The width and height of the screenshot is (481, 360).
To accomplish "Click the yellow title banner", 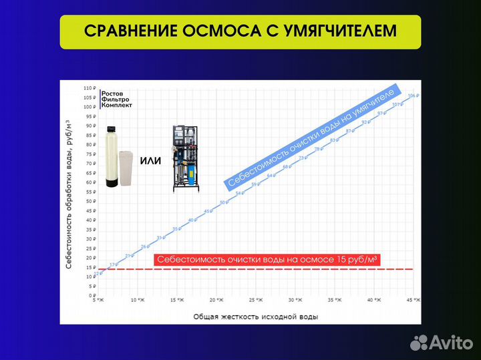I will coord(240,32).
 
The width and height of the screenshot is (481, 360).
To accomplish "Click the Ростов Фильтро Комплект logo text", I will coord(117,99).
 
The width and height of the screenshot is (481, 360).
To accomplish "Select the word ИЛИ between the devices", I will coord(151,161).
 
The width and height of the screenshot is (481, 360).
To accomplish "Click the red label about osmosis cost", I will coord(267,260).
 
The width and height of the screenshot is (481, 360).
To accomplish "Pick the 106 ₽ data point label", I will coord(412,96).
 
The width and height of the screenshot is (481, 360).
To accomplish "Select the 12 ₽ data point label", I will coord(99,273).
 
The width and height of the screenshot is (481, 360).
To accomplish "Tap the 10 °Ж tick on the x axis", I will coord(138,301).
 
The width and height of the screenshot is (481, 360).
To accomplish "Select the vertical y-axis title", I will coord(69,193).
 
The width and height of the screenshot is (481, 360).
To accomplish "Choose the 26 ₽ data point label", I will coord(144,246).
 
